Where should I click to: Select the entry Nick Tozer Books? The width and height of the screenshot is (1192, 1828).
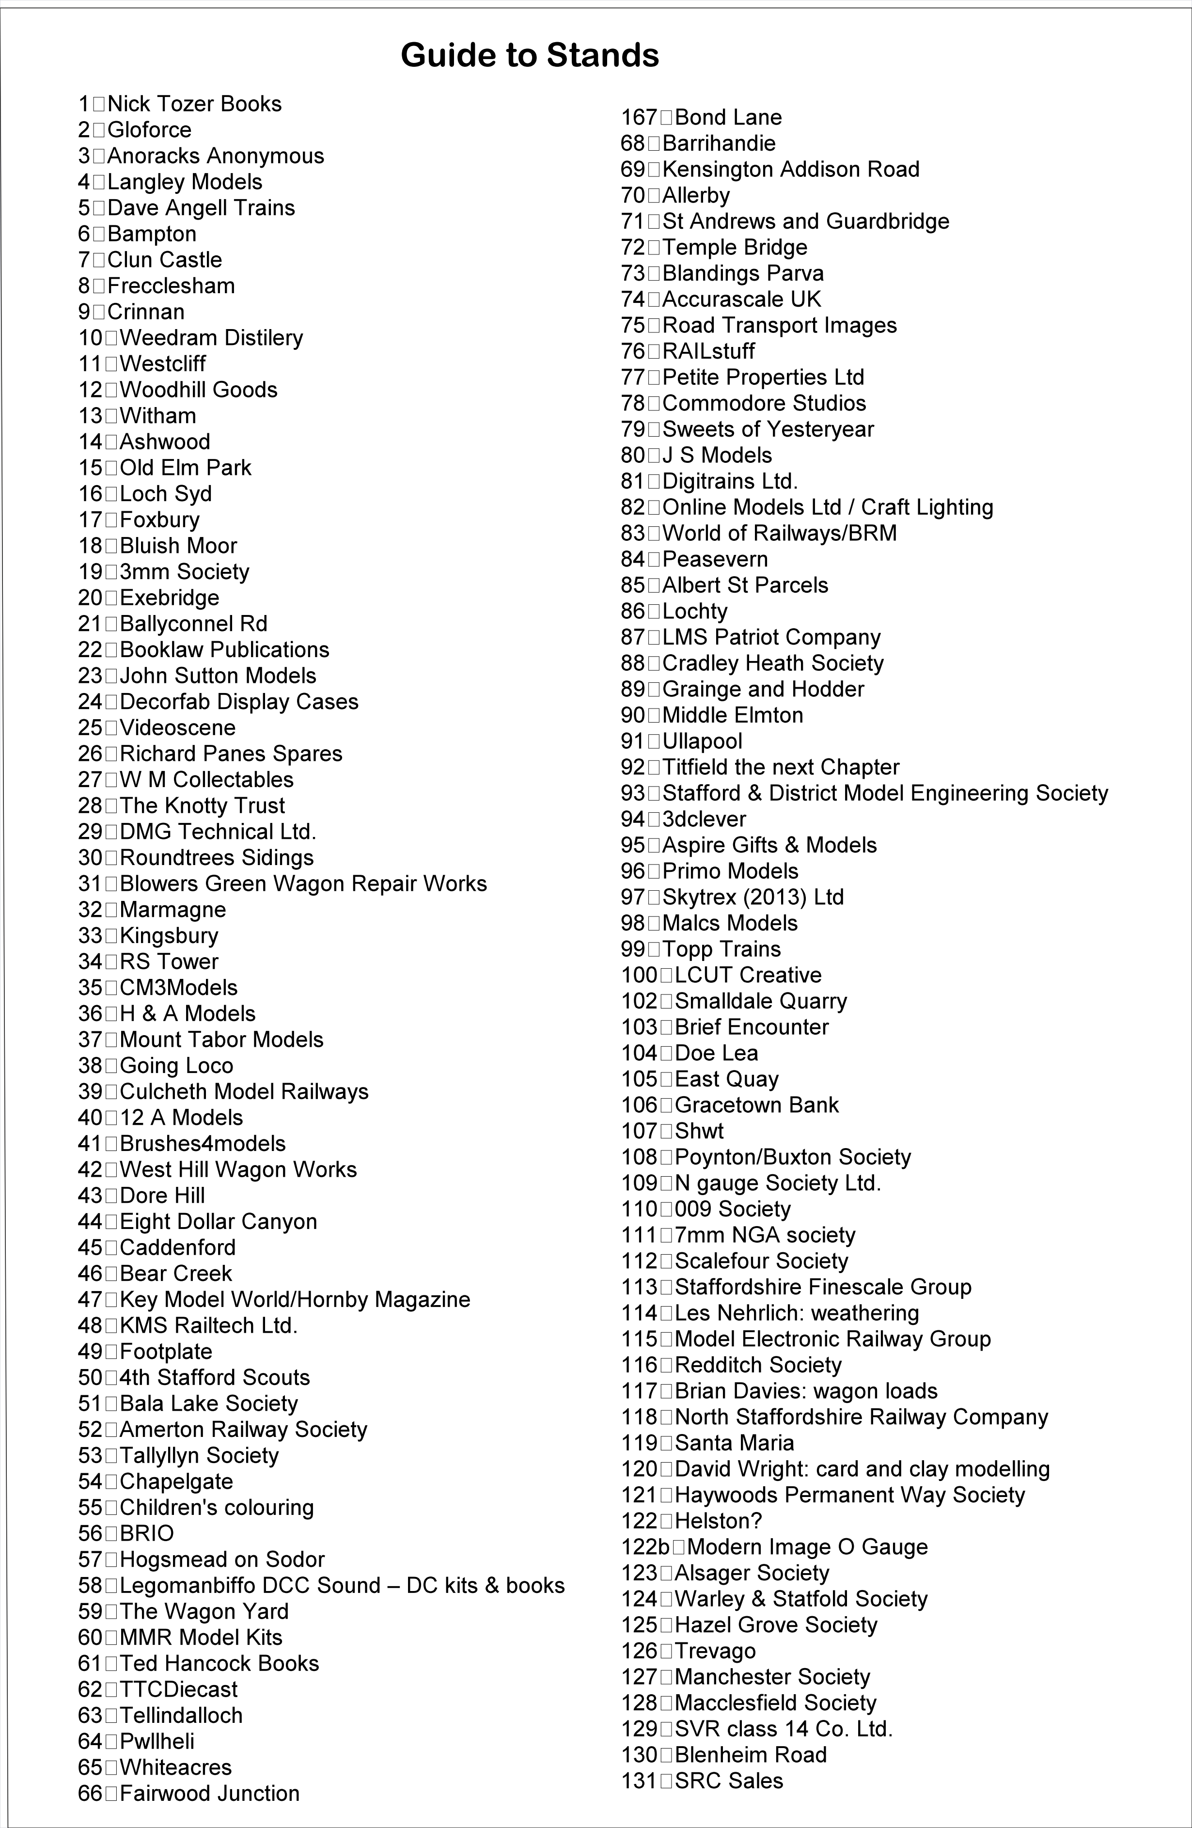click(x=194, y=104)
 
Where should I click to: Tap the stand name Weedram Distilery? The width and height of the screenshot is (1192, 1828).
click(x=211, y=338)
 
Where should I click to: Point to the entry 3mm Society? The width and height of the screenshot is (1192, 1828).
click(x=184, y=571)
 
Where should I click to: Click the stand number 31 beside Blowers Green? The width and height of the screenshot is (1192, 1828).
click(x=90, y=883)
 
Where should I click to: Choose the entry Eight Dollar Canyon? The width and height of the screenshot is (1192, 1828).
click(x=218, y=1221)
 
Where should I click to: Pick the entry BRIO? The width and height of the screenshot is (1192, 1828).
click(x=147, y=1533)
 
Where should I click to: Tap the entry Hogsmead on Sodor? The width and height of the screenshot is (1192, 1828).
click(x=222, y=1559)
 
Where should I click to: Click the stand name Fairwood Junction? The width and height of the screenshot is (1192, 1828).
click(x=210, y=1794)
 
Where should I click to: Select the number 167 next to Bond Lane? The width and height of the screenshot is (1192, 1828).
click(x=639, y=117)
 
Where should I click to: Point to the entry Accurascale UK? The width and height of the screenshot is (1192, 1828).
click(x=741, y=299)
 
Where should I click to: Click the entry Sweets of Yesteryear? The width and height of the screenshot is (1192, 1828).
click(x=768, y=429)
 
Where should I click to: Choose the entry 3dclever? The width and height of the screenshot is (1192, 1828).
click(x=704, y=819)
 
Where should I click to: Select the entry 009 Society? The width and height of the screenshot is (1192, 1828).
click(x=733, y=1209)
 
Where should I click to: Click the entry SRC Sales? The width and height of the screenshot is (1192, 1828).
click(x=729, y=1781)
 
